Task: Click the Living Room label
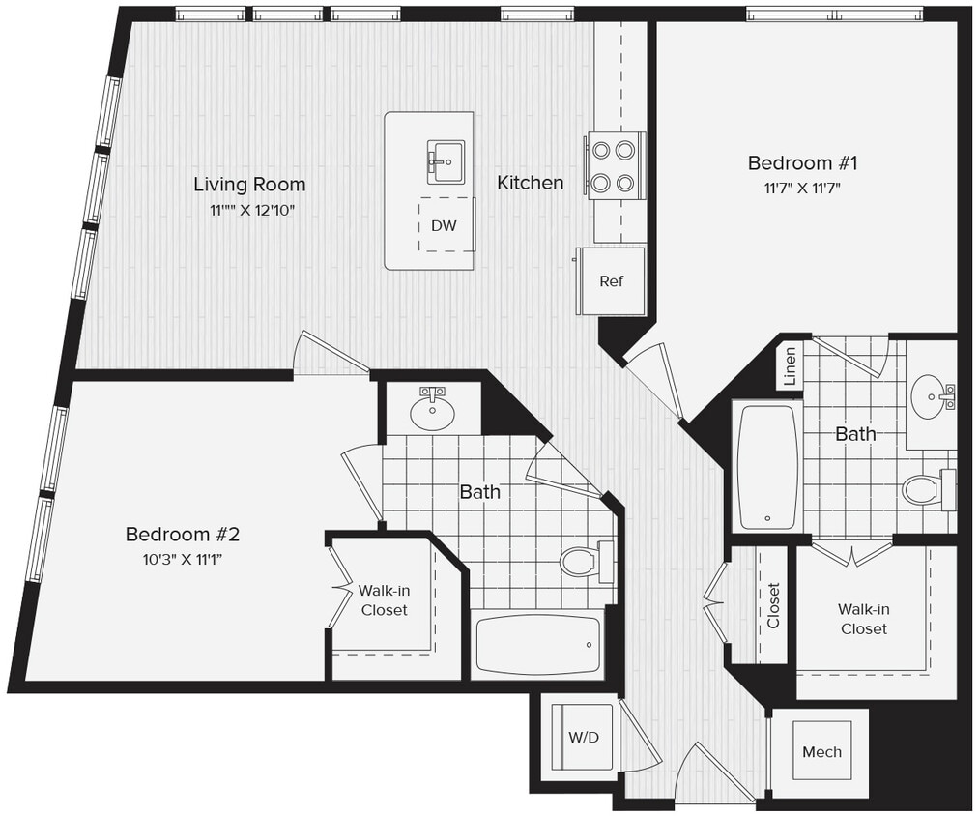coord(249,184)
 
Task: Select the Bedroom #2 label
coord(181,534)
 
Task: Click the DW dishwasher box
coord(444,225)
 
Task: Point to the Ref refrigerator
coord(611,281)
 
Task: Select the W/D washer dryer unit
coord(584,737)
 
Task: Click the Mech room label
coord(821,751)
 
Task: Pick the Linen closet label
coord(790,367)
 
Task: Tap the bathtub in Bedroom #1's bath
coord(768,466)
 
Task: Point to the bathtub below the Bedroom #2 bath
coord(538,645)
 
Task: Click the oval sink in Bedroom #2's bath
coord(432,411)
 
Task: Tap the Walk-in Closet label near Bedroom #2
coord(384,599)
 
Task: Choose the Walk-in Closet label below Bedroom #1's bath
coord(863,619)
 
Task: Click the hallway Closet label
coord(773,605)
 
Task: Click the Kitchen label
coord(531,182)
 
